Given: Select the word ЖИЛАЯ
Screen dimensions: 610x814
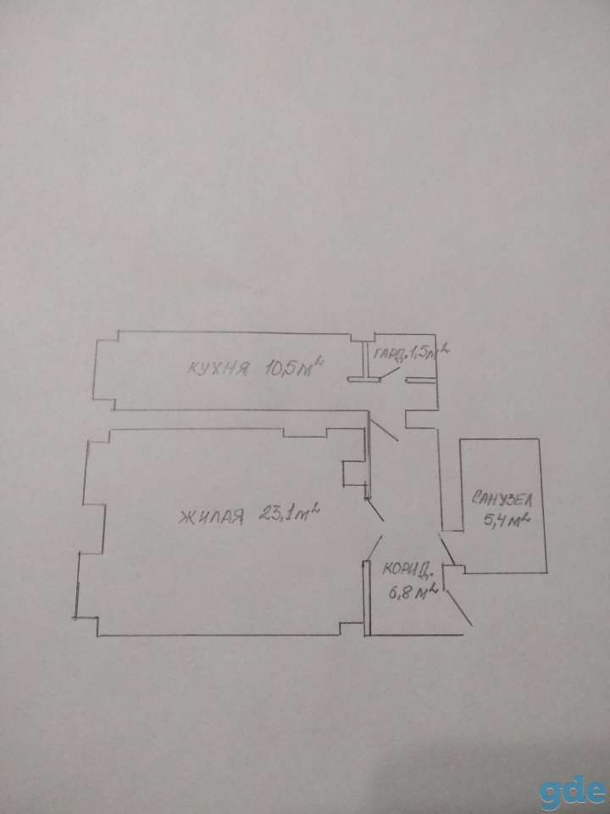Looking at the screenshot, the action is [x=211, y=517].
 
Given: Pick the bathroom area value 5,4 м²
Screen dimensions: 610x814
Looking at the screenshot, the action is [x=506, y=520].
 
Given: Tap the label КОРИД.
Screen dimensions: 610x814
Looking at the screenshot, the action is [x=408, y=571].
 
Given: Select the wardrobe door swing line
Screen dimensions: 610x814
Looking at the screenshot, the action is [x=389, y=373].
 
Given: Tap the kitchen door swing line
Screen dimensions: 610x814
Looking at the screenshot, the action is [x=383, y=426].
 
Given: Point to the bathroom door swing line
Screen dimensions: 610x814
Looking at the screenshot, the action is [x=447, y=549].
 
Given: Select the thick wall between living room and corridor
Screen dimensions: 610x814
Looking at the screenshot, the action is [x=366, y=598].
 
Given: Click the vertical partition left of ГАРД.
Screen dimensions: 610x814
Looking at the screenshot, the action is [x=365, y=360].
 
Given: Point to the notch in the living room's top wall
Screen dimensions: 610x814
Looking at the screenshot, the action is [x=305, y=432].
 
